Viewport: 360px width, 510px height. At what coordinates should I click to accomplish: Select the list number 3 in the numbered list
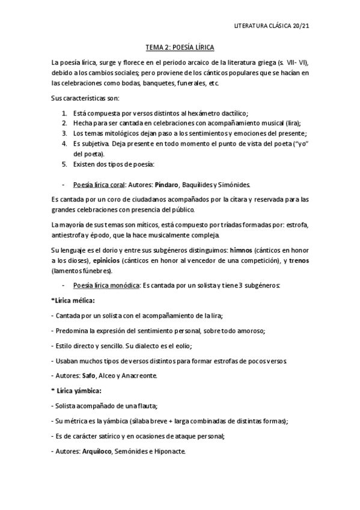64,134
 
